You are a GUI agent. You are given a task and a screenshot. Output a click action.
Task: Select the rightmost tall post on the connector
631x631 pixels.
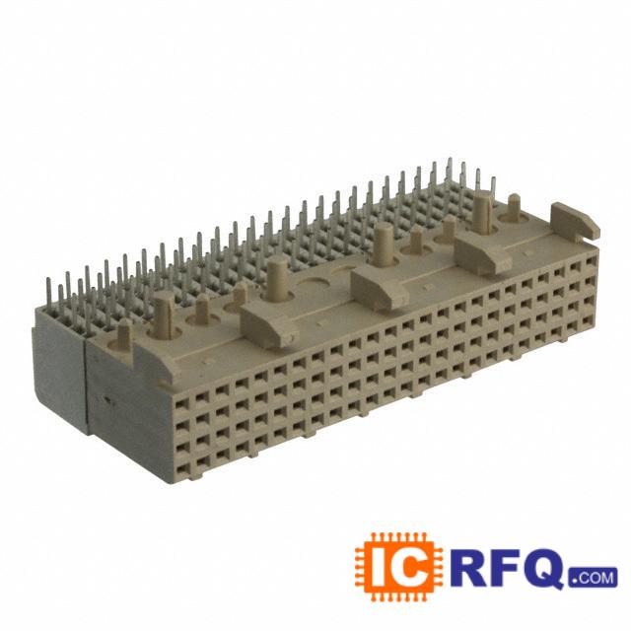pyautogui.click(x=483, y=213)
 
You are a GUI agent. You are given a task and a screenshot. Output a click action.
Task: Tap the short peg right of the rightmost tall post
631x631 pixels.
pyautogui.click(x=513, y=209)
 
